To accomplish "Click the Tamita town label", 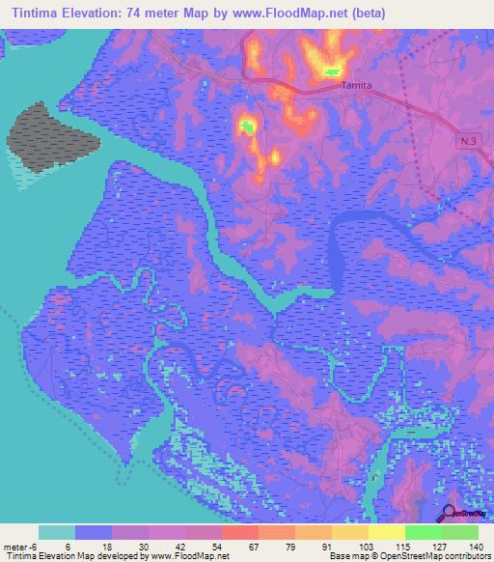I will coord(357,85).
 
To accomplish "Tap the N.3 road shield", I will coord(468,141).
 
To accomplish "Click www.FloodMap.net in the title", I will coord(319,14).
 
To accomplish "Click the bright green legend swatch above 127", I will coord(423,532).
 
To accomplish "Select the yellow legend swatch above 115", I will coord(386,532).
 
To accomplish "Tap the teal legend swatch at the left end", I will coord(57,532).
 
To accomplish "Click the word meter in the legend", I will coord(13,546).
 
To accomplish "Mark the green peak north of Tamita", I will coord(333,70).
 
